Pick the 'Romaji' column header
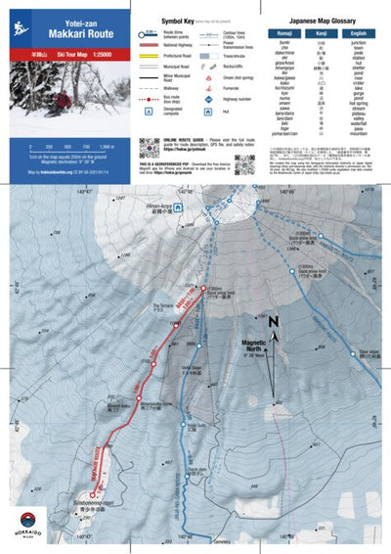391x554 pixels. click(x=283, y=33)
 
